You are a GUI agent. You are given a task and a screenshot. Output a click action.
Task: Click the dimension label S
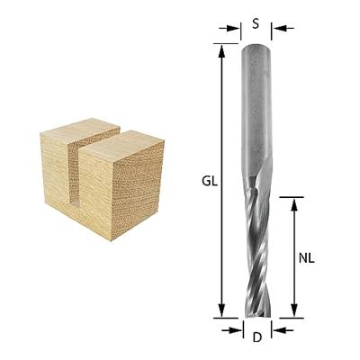256,24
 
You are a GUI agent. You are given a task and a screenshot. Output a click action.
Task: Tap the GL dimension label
207,180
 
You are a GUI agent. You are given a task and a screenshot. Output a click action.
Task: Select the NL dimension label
306,256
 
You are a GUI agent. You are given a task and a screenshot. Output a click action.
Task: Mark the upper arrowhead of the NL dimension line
294,202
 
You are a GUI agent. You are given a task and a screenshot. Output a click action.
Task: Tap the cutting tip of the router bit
256,311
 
